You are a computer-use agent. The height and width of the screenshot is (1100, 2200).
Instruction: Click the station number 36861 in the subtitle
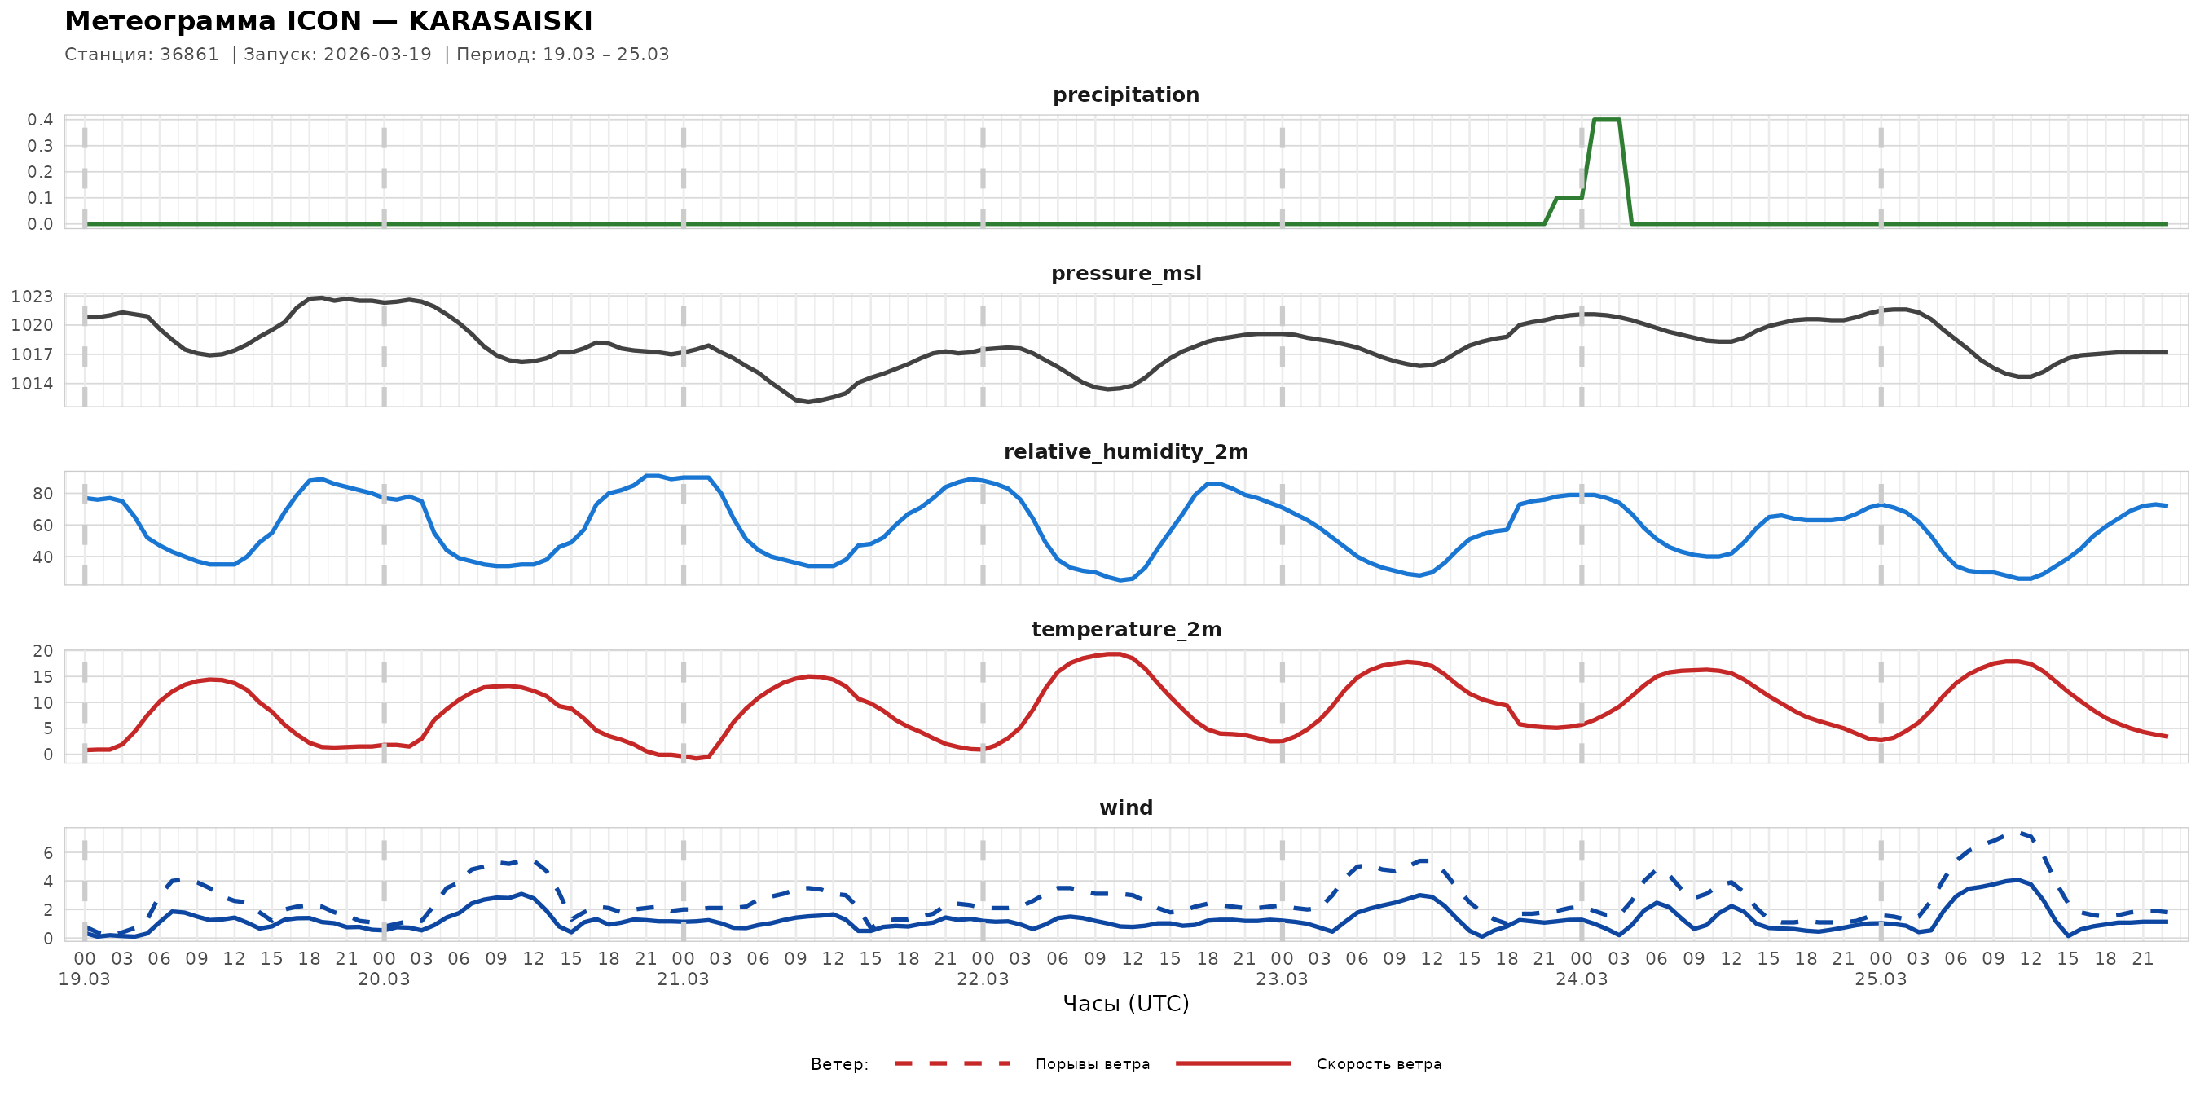[x=189, y=55]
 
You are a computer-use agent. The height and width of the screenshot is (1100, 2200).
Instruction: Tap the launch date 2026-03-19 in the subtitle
[x=377, y=55]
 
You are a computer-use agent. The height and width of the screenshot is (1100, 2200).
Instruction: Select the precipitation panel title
[x=1124, y=95]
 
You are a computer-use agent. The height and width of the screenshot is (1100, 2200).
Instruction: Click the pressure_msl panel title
[x=1124, y=273]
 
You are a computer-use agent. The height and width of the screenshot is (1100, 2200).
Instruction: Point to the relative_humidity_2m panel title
[x=1124, y=451]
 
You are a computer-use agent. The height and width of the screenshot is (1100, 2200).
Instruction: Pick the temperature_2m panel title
[x=1124, y=629]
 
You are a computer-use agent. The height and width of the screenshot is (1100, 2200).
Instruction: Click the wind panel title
[x=1124, y=808]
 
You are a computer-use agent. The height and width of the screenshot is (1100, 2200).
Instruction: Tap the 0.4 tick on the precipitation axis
[x=40, y=120]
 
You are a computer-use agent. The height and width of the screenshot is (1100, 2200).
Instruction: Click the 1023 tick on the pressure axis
[x=33, y=297]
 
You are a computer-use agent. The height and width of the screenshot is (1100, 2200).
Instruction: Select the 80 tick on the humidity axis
[x=42, y=494]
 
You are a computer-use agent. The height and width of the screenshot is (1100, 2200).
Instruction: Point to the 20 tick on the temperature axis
[x=42, y=651]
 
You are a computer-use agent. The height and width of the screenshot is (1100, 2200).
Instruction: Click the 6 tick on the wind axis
[x=48, y=852]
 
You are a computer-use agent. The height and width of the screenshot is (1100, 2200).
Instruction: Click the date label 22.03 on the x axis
[x=982, y=979]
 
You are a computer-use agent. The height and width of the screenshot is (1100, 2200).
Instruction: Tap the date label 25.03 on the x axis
[x=1880, y=979]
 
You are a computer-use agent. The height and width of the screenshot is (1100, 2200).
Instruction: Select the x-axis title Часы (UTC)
[x=1124, y=1004]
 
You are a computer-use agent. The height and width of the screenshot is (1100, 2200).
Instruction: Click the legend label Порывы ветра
[x=1092, y=1064]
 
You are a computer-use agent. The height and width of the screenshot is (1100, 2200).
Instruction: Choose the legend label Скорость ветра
[x=1378, y=1064]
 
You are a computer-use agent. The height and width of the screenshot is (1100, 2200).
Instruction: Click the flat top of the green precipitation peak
[x=1607, y=120]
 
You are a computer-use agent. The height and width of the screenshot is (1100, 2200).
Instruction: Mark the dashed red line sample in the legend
[x=952, y=1064]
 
